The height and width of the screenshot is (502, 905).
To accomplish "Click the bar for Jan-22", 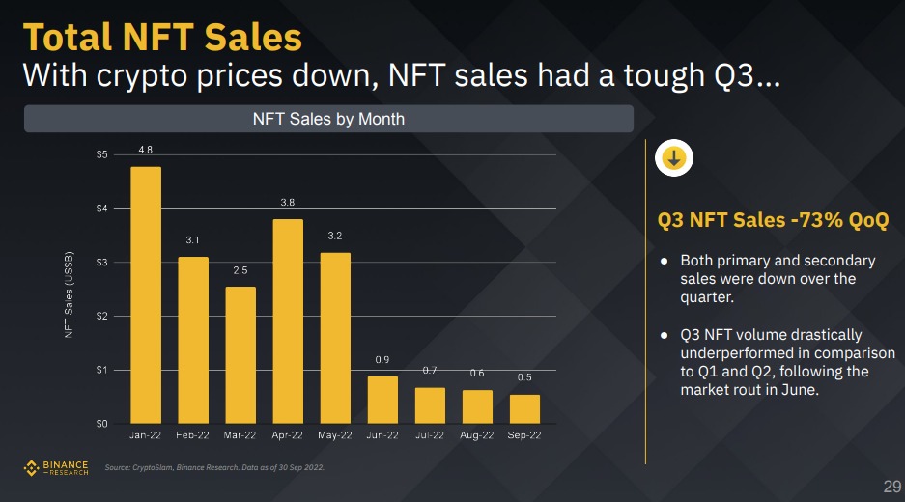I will click(x=146, y=294).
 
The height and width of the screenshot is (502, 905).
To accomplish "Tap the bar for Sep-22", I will click(x=524, y=408).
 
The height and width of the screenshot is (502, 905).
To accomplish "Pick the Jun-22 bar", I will click(x=382, y=400).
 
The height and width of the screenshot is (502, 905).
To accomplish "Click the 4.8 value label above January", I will click(x=146, y=150).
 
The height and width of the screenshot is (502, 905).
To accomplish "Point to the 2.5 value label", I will click(x=240, y=271).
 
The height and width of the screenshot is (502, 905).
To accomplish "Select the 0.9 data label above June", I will click(x=382, y=360).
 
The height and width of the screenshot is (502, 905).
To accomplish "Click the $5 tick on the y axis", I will click(x=101, y=154).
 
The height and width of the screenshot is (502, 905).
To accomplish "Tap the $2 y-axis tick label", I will click(x=101, y=316).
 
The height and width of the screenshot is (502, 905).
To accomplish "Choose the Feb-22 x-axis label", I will click(x=193, y=436).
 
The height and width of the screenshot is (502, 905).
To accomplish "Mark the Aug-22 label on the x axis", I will click(x=477, y=436).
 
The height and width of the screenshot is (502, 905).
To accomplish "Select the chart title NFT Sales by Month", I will click(x=328, y=119).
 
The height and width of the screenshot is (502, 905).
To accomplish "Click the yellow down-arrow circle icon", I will click(x=673, y=158).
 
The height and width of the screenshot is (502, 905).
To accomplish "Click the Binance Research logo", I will click(x=55, y=468).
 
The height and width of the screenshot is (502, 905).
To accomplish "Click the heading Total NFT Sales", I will click(x=162, y=38).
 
